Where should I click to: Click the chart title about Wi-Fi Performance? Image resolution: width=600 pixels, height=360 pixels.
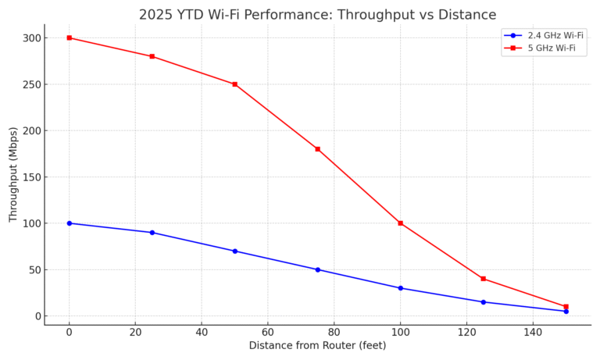pyautogui.click(x=317, y=15)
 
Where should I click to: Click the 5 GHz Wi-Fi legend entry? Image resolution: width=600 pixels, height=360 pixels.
pyautogui.click(x=545, y=48)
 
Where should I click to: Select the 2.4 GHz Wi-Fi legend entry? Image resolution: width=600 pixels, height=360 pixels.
pyautogui.click(x=545, y=35)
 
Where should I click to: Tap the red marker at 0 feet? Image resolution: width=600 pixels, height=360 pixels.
pyautogui.click(x=70, y=37)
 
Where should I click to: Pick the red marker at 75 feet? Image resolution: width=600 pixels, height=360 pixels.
pyautogui.click(x=318, y=149)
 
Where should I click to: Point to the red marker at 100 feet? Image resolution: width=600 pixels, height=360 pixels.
pyautogui.click(x=401, y=223)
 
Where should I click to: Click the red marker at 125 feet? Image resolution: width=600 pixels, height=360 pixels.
pyautogui.click(x=484, y=279)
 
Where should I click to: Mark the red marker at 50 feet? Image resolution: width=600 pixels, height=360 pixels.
pyautogui.click(x=235, y=84)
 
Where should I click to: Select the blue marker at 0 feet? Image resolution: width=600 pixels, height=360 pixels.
pyautogui.click(x=70, y=223)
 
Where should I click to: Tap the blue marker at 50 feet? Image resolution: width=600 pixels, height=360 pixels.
pyautogui.click(x=235, y=251)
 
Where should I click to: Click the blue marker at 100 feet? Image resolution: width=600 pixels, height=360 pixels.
pyautogui.click(x=401, y=288)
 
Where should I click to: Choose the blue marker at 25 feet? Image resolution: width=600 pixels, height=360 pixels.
pyautogui.click(x=152, y=233)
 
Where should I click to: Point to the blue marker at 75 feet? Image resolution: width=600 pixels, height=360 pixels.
pyautogui.click(x=318, y=269)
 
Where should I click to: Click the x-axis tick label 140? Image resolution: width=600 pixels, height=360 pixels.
pyautogui.click(x=533, y=332)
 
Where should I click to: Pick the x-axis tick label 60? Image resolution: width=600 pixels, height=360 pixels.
pyautogui.click(x=268, y=332)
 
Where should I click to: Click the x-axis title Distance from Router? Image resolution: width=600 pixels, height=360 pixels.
pyautogui.click(x=317, y=346)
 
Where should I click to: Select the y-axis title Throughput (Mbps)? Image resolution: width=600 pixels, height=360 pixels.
pyautogui.click(x=13, y=174)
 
